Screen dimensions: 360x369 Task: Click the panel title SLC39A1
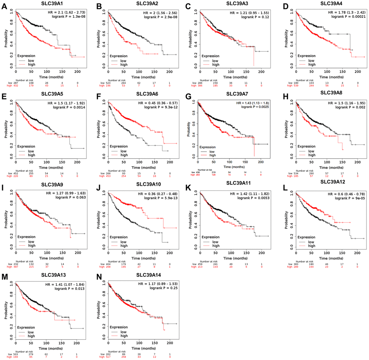click(x=50, y=4)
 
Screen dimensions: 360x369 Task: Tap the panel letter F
click(x=97, y=95)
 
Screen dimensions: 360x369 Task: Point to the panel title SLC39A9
click(x=50, y=185)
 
